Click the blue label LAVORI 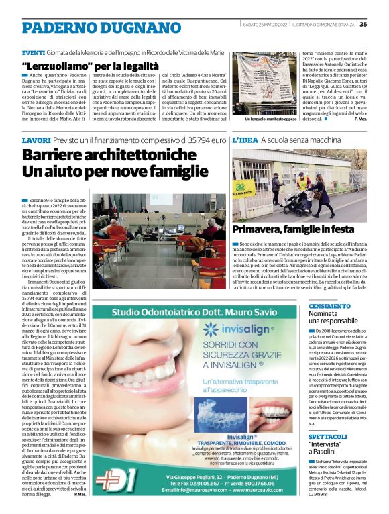pos(38,140)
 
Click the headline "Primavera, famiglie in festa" pos(292,229)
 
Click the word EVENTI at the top pos(34,52)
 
